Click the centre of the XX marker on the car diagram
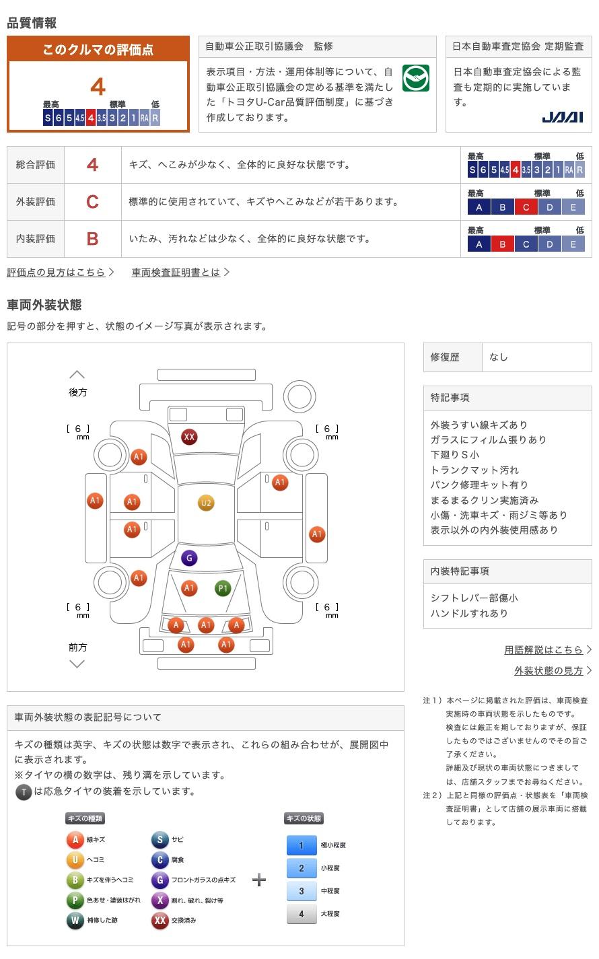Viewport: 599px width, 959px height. pyautogui.click(x=189, y=437)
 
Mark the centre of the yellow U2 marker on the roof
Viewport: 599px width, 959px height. pyautogui.click(x=206, y=503)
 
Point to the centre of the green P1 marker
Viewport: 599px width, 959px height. pyautogui.click(x=223, y=588)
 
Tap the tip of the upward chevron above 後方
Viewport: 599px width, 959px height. pyautogui.click(x=77, y=371)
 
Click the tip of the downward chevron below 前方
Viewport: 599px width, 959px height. pyautogui.click(x=77, y=668)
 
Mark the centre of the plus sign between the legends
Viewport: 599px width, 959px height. pyautogui.click(x=259, y=880)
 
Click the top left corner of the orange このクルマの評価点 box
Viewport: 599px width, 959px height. pyautogui.click(x=7, y=36)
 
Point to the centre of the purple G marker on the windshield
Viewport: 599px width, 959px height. pyautogui.click(x=189, y=559)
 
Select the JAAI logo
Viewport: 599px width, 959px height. pyautogui.click(x=563, y=117)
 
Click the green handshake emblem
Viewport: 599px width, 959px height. pyautogui.click(x=416, y=78)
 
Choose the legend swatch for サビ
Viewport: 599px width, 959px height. pyautogui.click(x=160, y=840)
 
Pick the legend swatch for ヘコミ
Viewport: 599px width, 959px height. pyautogui.click(x=75, y=859)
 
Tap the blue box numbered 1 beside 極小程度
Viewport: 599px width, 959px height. pyautogui.click(x=302, y=845)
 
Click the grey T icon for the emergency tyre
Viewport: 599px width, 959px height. pyautogui.click(x=24, y=792)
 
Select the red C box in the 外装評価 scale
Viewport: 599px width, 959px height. pyautogui.click(x=526, y=208)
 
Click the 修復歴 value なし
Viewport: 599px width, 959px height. pyautogui.click(x=499, y=357)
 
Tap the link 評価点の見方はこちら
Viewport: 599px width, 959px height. pyautogui.click(x=56, y=273)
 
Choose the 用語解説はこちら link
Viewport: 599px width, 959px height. pyautogui.click(x=543, y=650)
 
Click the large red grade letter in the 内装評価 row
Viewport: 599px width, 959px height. pyautogui.click(x=92, y=239)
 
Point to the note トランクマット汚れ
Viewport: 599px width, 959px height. pyautogui.click(x=474, y=470)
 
